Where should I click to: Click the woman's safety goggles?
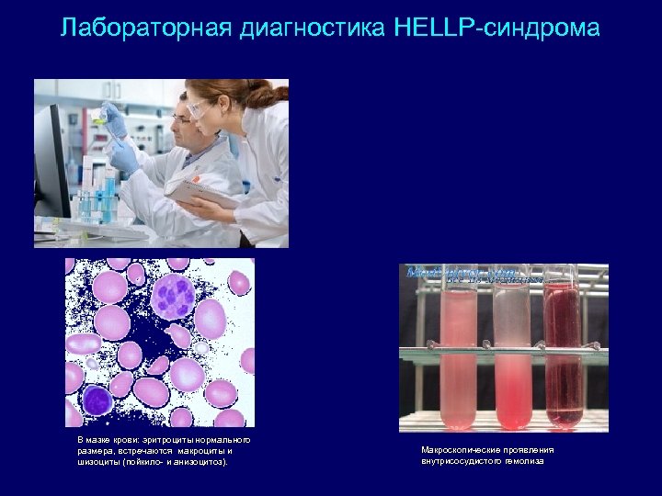click(200, 107)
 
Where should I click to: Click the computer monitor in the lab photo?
click(50, 162)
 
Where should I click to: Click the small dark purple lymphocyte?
click(96, 400)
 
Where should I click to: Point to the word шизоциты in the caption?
click(97, 461)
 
